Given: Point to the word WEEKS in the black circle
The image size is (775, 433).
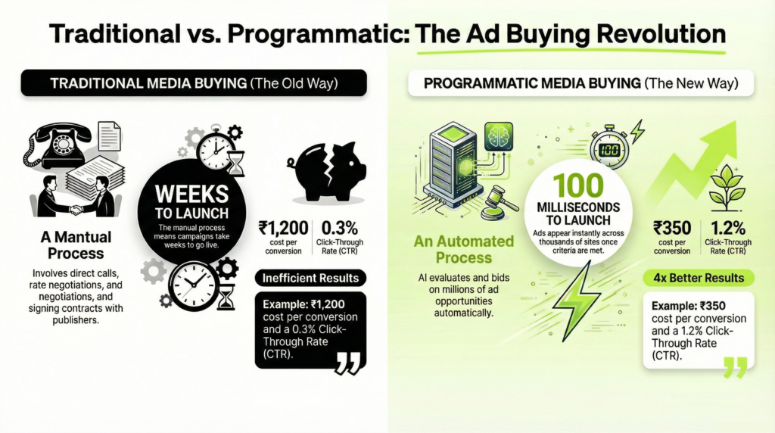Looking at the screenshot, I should [193, 190].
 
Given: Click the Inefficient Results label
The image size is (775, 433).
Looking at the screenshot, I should [310, 278].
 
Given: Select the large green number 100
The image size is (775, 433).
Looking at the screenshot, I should [577, 185].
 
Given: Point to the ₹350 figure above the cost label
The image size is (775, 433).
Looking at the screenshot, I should [672, 227].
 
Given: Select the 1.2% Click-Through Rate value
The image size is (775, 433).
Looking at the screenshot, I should [728, 227].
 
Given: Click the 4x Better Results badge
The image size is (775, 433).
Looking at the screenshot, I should [698, 278].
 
